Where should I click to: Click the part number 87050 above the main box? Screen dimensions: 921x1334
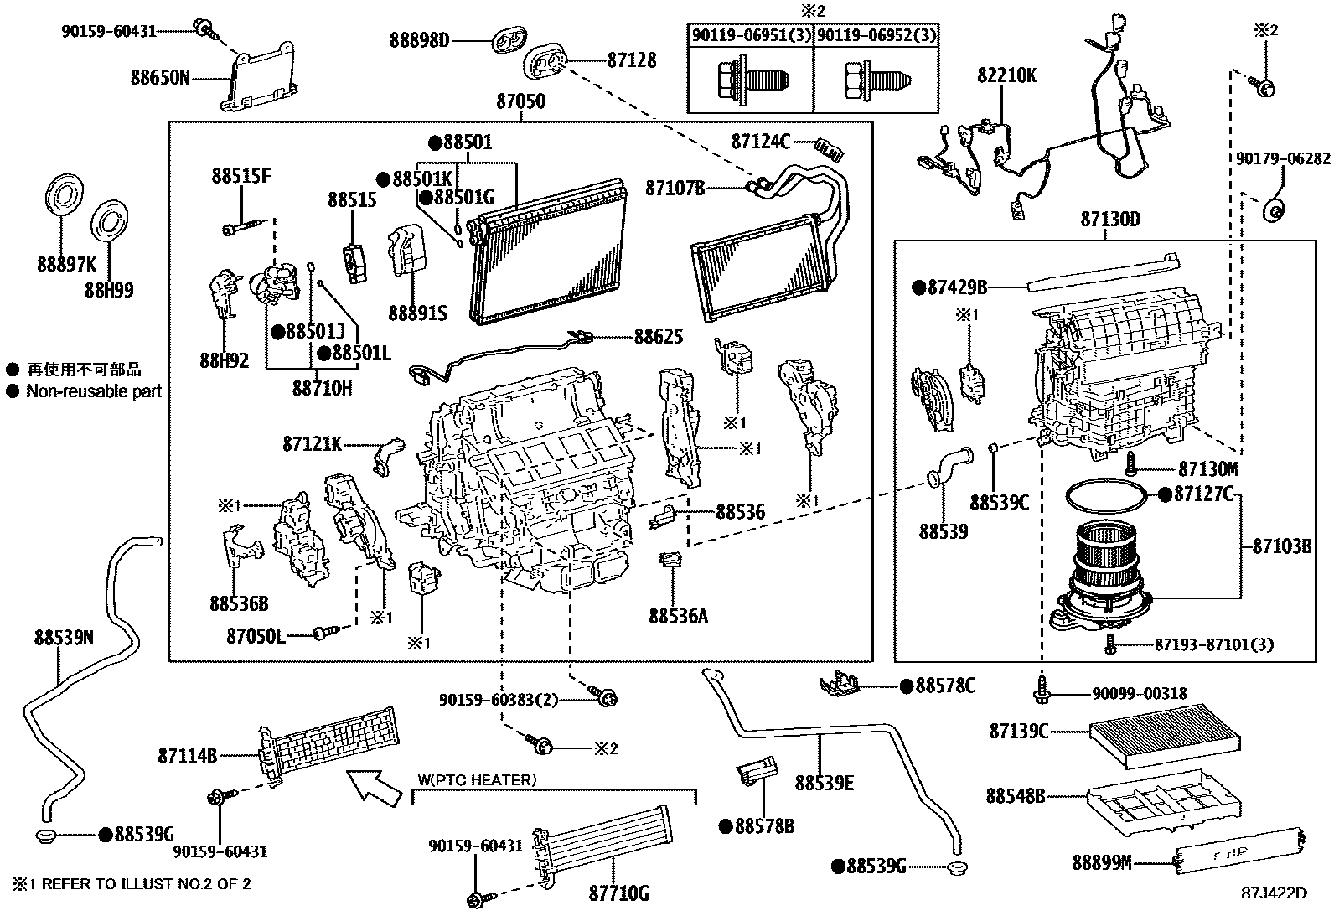click(520, 102)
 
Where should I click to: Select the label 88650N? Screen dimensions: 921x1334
click(159, 78)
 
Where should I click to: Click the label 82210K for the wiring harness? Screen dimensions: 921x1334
click(1006, 75)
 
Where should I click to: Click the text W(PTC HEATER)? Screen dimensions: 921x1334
click(476, 780)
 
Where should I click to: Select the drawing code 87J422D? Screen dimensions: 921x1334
click(1274, 893)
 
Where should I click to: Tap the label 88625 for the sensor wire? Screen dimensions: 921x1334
click(658, 337)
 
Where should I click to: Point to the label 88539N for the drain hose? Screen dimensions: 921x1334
click(64, 638)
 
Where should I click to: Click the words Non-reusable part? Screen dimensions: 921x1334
click(93, 391)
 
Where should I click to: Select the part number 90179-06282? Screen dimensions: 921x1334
click(1283, 159)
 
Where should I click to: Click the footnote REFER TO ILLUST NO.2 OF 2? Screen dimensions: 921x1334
click(146, 883)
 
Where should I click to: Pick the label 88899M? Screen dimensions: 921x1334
click(1101, 861)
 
